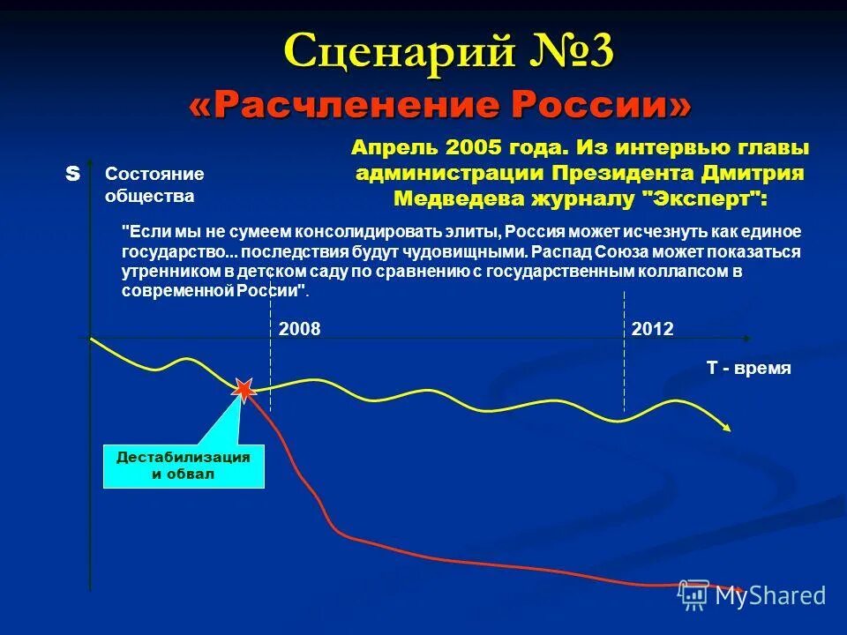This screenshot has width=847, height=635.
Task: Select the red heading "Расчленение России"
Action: click(440, 107)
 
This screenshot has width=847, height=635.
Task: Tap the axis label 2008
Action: click(300, 329)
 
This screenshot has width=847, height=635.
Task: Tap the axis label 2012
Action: click(653, 329)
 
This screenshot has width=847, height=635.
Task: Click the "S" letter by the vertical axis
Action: click(72, 175)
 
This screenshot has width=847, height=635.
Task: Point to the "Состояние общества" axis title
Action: click(154, 184)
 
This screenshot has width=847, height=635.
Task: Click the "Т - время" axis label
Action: click(748, 369)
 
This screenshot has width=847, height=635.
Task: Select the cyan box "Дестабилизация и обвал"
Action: click(184, 465)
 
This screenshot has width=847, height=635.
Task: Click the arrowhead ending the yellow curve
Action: click(726, 428)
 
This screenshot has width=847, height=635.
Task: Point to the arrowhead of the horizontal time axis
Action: click(746, 339)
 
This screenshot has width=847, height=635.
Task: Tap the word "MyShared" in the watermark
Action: click(770, 595)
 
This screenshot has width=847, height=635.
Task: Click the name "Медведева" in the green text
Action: click(459, 198)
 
